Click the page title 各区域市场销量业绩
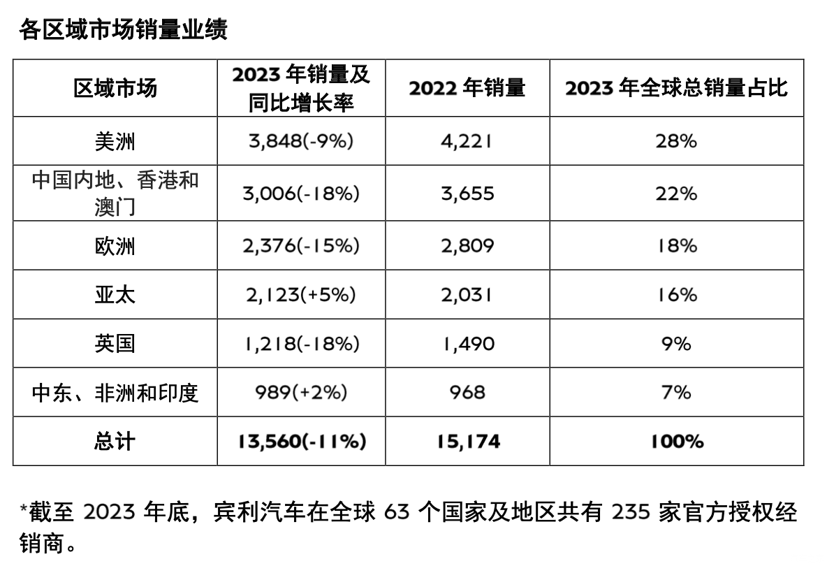pyautogui.click(x=124, y=30)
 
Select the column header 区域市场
pyautogui.click(x=115, y=88)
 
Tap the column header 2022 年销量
pyautogui.click(x=467, y=88)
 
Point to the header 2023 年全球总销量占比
pyautogui.click(x=676, y=88)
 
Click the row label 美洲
pyautogui.click(x=115, y=141)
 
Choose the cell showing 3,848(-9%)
pyautogui.click(x=301, y=141)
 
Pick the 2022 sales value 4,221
pyautogui.click(x=467, y=141)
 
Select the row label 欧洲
pyautogui.click(x=115, y=246)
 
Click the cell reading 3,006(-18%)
pyautogui.click(x=301, y=194)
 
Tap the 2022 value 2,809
pyautogui.click(x=467, y=246)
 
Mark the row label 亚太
pyautogui.click(x=115, y=294)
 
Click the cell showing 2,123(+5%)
pyautogui.click(x=301, y=294)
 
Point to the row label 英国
pyautogui.click(x=115, y=343)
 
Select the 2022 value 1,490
pyautogui.click(x=467, y=343)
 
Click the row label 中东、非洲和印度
pyautogui.click(x=115, y=392)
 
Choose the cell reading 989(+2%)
pyautogui.click(x=301, y=392)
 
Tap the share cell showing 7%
pyautogui.click(x=676, y=392)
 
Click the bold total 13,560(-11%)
pyautogui.click(x=301, y=441)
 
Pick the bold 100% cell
pyautogui.click(x=676, y=441)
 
